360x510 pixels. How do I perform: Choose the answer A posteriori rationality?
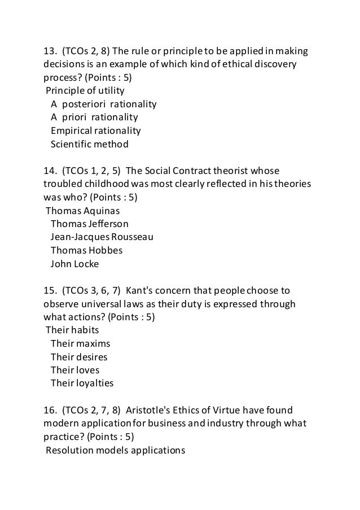(103, 104)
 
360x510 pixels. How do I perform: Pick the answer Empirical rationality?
(95, 130)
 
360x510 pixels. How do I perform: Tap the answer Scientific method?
(89, 144)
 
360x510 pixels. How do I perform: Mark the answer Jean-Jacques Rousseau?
(102, 237)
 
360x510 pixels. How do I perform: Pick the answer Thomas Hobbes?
(86, 250)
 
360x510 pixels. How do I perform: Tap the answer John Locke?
(74, 263)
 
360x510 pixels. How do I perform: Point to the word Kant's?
(140, 291)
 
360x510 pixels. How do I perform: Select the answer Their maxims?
(80, 343)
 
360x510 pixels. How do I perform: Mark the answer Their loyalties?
(82, 383)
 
